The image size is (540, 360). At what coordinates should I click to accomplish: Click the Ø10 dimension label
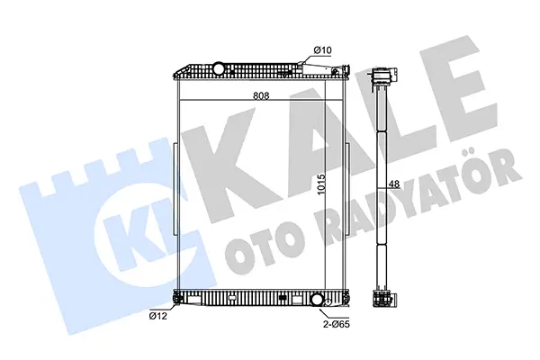tap(322, 50)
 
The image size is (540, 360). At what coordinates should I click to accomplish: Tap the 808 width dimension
tap(261, 95)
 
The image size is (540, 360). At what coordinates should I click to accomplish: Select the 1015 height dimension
tap(321, 184)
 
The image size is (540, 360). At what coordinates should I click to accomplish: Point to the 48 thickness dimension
tap(394, 184)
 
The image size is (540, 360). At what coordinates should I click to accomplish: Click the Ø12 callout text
tap(158, 316)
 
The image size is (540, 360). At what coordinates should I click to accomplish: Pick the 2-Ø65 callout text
tap(337, 324)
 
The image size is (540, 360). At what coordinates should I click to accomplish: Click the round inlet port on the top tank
tap(218, 67)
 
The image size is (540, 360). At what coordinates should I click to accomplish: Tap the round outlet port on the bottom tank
tap(317, 299)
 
